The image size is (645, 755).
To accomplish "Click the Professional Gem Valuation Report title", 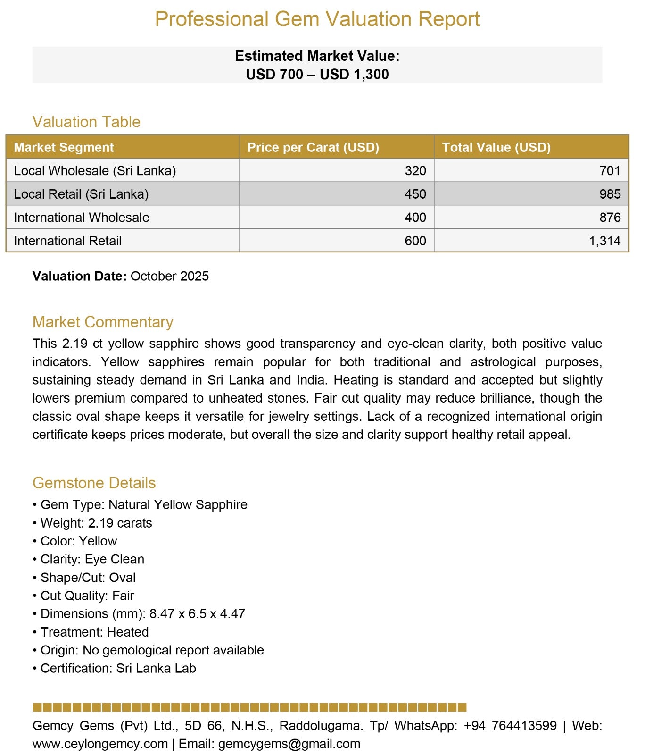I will tap(317, 19).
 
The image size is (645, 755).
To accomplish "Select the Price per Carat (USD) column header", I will tap(313, 147).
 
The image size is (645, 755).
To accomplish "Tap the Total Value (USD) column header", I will tap(496, 147).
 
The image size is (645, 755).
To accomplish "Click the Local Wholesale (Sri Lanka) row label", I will tap(95, 171).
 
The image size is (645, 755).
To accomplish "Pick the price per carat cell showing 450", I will tap(415, 194).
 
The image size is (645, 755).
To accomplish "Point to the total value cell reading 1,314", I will tap(604, 241).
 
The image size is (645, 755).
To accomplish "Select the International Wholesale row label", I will tap(82, 218).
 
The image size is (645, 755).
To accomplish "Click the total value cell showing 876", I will tap(610, 218).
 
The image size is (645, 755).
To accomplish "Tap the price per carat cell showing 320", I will tap(415, 171).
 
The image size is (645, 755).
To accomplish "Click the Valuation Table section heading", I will tap(86, 122).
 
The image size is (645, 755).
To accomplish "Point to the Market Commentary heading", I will tap(103, 322).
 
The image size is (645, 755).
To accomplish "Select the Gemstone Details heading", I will tap(94, 483).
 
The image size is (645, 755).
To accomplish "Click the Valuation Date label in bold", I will tap(79, 276).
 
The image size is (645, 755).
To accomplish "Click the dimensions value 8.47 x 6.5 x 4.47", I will tap(197, 613).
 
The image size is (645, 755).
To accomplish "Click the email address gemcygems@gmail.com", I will tap(289, 744).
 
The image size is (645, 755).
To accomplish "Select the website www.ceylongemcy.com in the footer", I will tap(100, 744).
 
